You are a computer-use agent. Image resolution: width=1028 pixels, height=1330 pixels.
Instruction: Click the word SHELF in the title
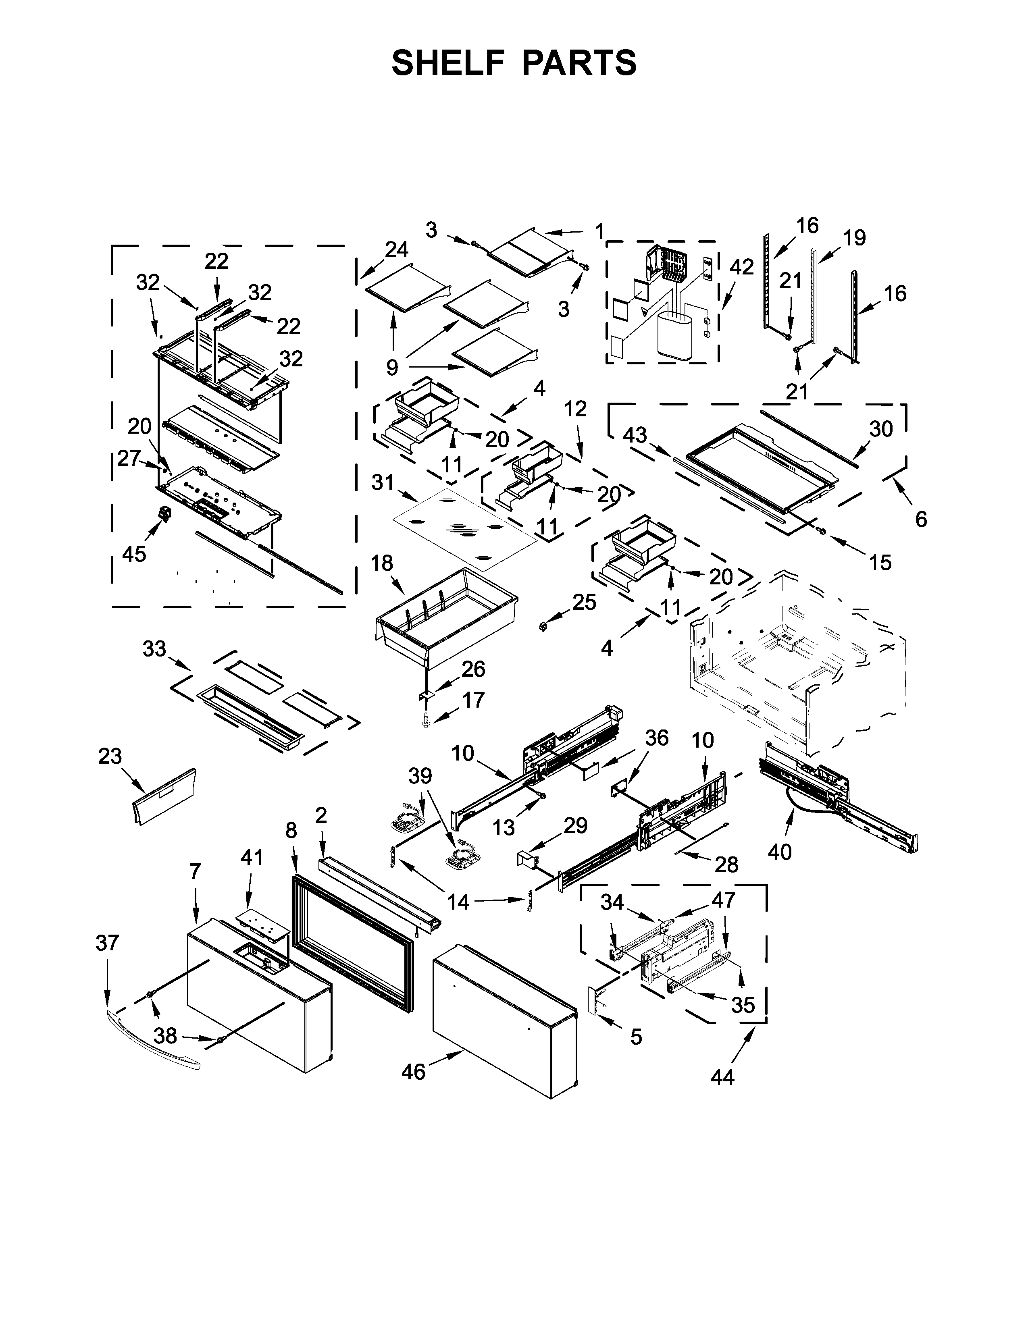click(x=448, y=63)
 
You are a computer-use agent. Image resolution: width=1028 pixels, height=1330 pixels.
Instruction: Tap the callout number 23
click(x=110, y=756)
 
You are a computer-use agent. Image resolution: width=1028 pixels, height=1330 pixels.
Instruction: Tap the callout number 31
click(x=383, y=483)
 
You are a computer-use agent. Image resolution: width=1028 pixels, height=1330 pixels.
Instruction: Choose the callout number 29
click(x=575, y=826)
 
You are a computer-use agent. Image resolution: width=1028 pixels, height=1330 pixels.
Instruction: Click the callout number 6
click(x=921, y=520)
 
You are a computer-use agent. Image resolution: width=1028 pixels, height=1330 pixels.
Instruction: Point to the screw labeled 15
click(x=821, y=532)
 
